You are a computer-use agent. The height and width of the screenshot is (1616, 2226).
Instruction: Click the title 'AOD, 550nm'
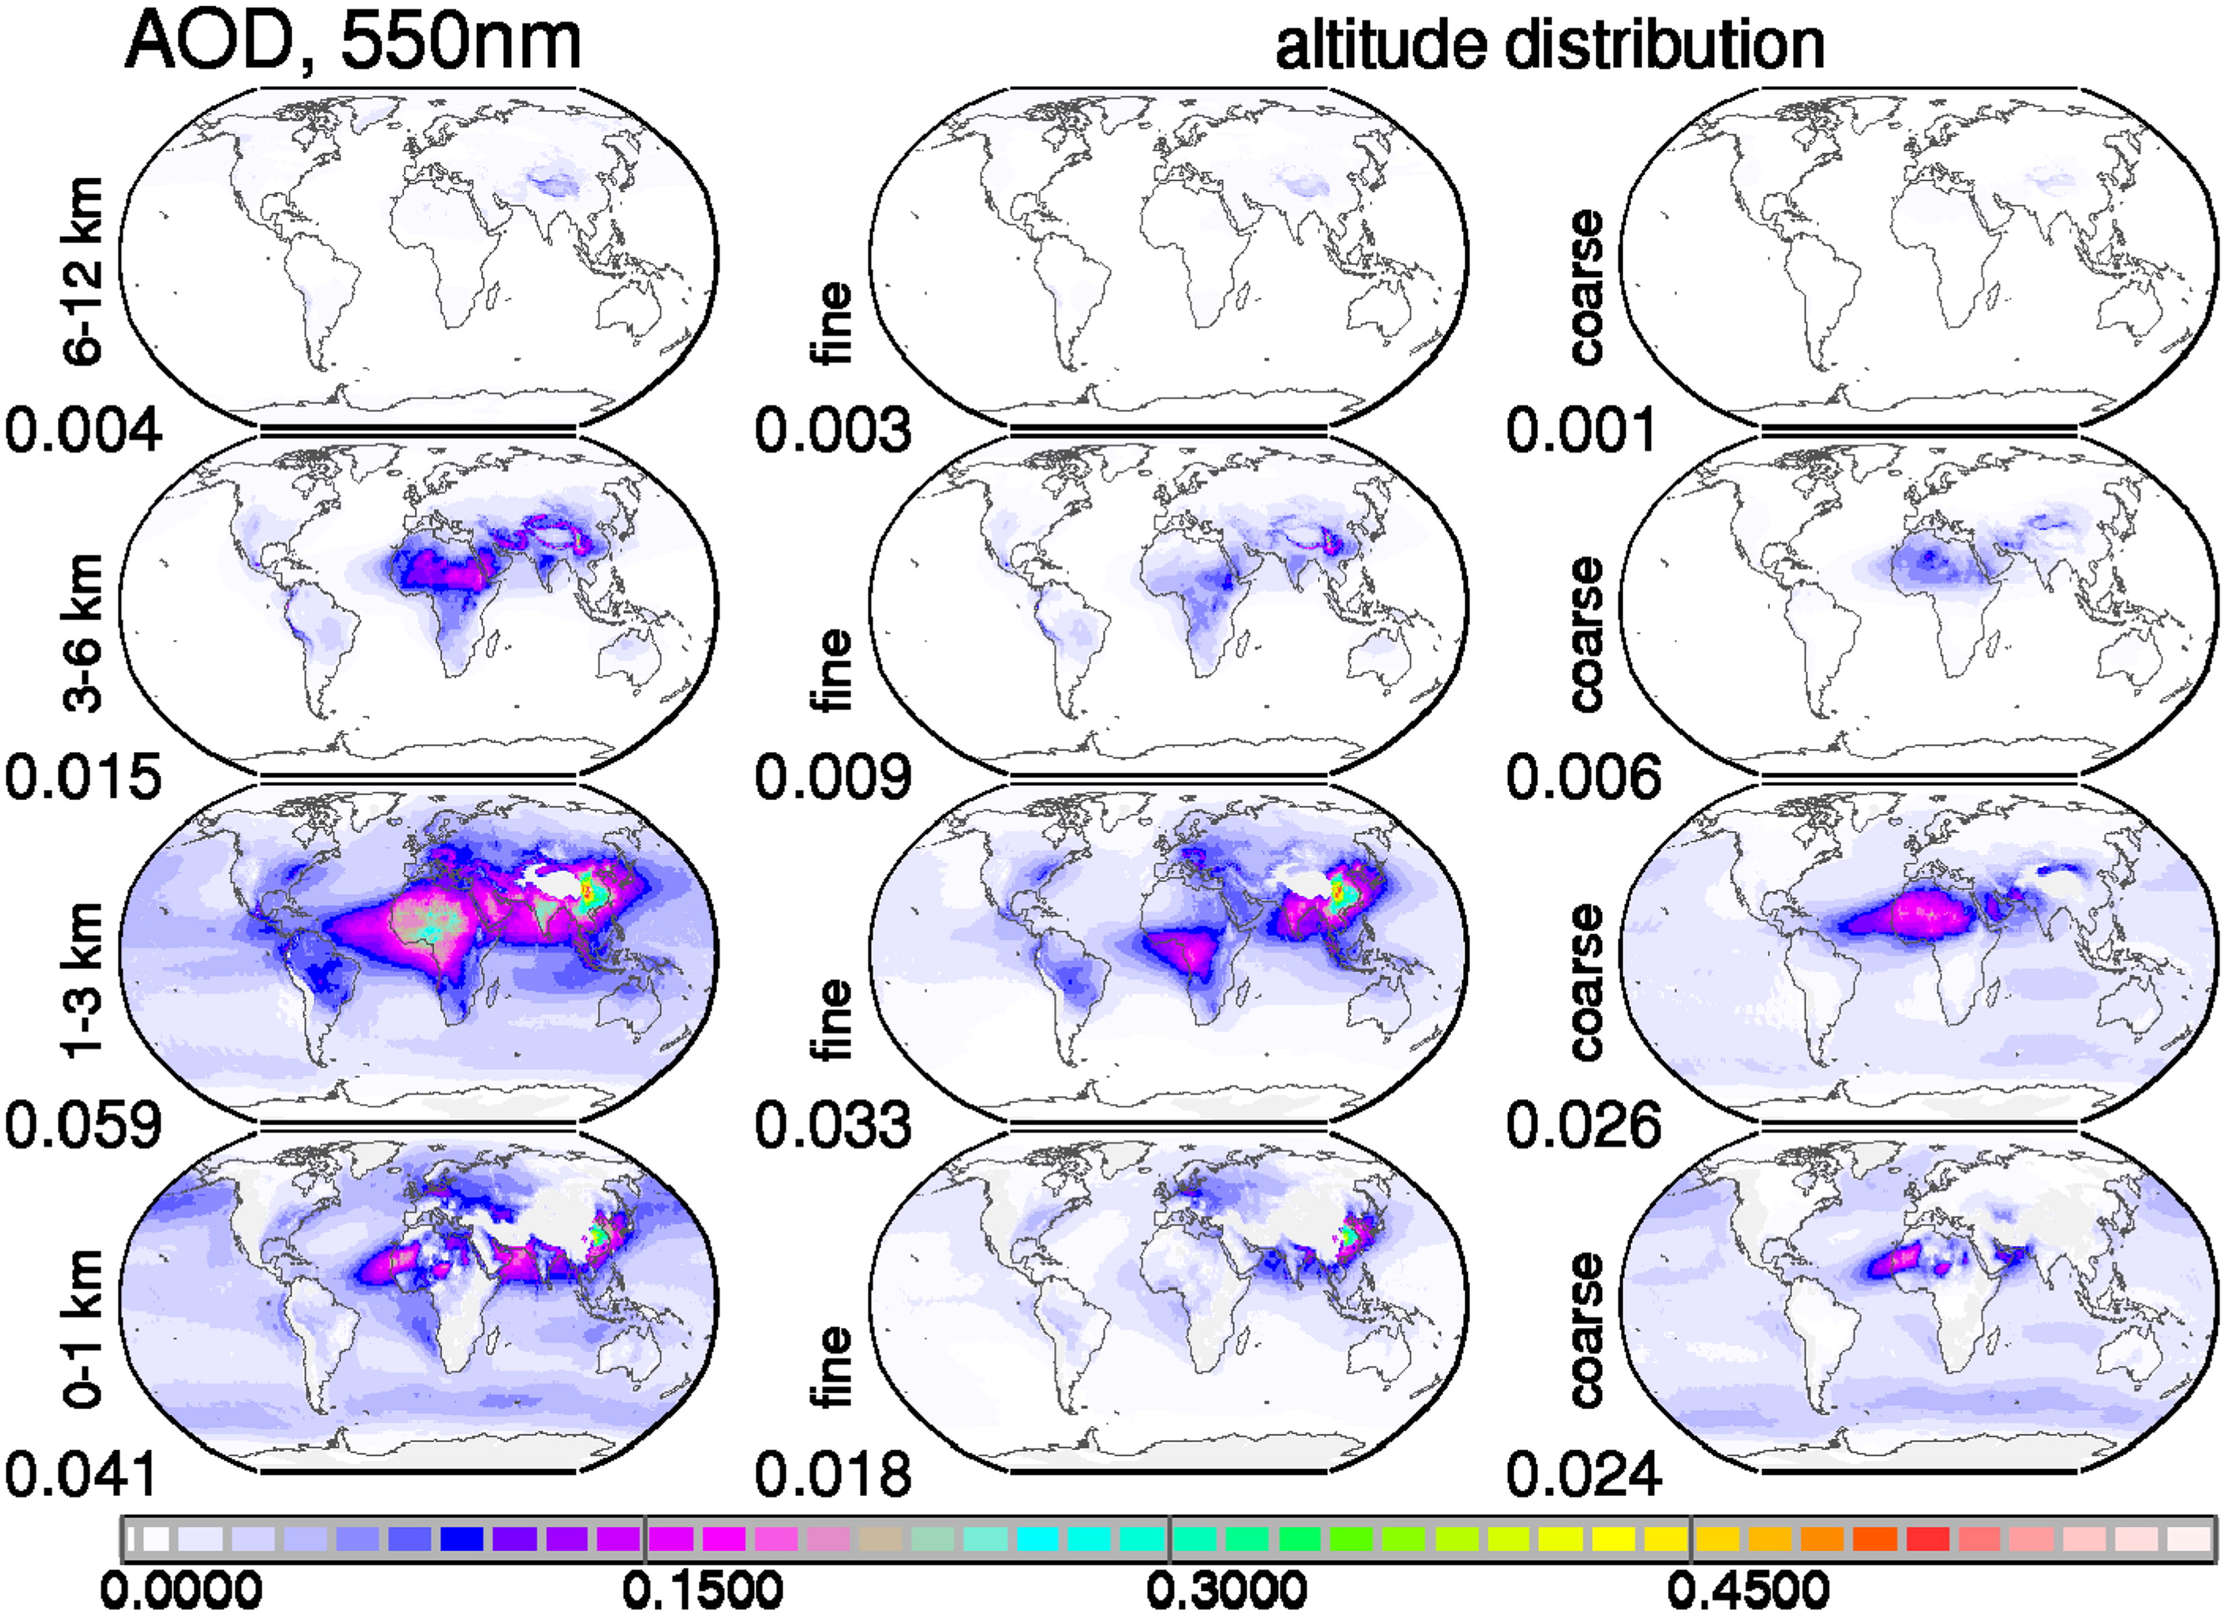click(353, 43)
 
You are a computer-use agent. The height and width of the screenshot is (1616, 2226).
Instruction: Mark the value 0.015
click(84, 776)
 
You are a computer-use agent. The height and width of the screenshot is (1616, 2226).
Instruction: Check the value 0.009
click(833, 776)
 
